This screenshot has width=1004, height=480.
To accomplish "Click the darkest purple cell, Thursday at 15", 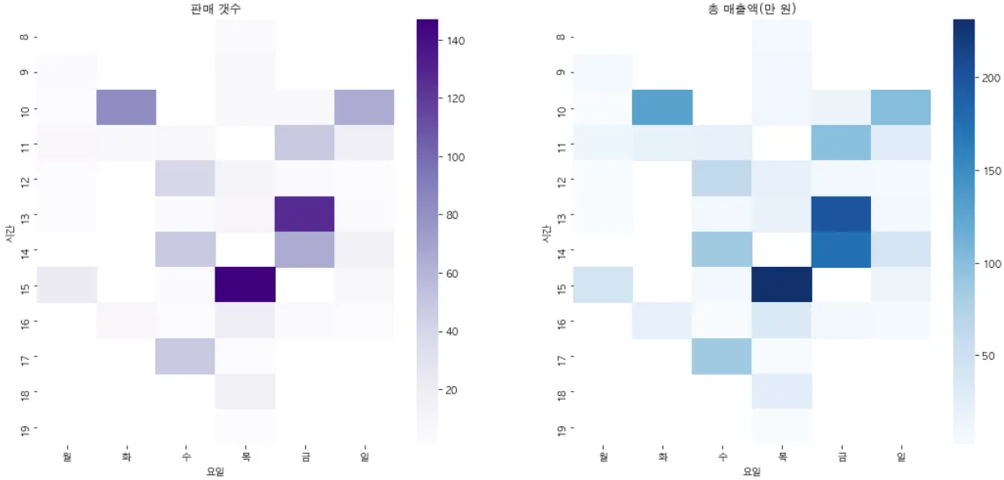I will (x=245, y=284).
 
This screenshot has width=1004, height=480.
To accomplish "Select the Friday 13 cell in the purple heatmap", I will (x=305, y=214).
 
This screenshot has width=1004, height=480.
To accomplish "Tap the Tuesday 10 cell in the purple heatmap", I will (x=126, y=107).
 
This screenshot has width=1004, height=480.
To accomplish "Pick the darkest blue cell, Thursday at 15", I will (x=782, y=284).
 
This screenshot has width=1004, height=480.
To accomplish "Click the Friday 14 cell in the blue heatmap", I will (x=842, y=249).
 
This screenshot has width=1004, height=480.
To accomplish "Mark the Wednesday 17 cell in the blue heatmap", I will (x=723, y=356).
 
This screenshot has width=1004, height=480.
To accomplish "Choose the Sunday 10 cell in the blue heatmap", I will (x=901, y=107).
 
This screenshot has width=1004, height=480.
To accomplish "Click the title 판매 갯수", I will (x=215, y=9).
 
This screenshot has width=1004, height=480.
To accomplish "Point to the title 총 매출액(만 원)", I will (x=752, y=9).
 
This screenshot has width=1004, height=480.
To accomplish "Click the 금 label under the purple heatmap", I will (x=305, y=458).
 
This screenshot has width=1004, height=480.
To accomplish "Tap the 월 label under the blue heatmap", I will (x=603, y=458).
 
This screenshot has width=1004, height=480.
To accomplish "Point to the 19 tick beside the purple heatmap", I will (x=22, y=427).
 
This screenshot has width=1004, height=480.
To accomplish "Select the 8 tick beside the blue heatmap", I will (x=559, y=36).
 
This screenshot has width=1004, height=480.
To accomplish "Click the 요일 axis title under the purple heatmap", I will (x=215, y=471).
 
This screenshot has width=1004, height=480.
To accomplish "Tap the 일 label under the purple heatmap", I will (x=365, y=458).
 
